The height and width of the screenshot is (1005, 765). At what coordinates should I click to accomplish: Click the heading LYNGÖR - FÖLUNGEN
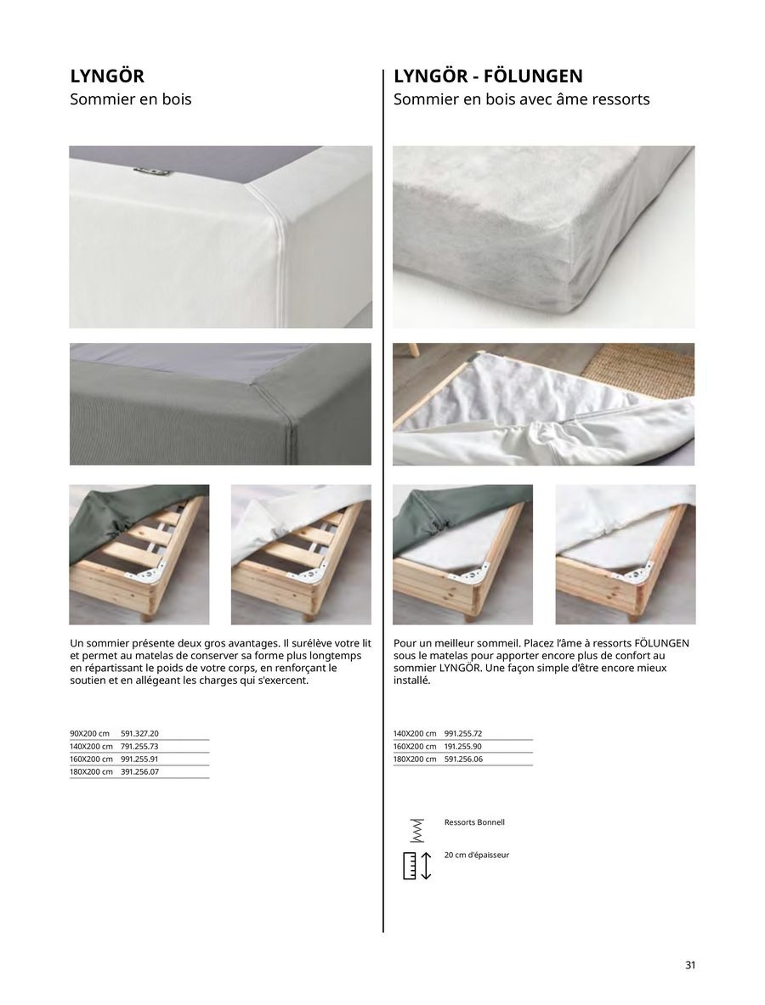coord(488,76)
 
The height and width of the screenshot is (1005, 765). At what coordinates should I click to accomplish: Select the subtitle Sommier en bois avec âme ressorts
coord(521,99)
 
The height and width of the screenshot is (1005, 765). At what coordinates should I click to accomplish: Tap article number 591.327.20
coord(139,732)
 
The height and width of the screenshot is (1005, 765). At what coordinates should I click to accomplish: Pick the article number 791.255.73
coord(139,746)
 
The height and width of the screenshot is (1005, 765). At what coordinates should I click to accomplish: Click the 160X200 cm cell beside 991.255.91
coord(91,759)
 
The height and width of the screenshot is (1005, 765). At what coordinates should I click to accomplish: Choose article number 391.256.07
coord(139,771)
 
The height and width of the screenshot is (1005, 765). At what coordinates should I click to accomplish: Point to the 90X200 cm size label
coord(90,732)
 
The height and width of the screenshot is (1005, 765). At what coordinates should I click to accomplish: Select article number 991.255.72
coord(463,732)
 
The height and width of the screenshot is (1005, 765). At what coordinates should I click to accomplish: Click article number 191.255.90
coord(463,746)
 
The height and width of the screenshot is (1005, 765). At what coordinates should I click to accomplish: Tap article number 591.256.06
coord(463,759)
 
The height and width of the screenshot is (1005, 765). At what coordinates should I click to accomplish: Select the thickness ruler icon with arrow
coord(416,864)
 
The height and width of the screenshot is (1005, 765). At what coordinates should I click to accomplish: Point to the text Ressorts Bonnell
coord(474,822)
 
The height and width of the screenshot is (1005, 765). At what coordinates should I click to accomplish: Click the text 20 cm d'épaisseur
coord(476,855)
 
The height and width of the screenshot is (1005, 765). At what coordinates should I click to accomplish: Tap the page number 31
coord(690,965)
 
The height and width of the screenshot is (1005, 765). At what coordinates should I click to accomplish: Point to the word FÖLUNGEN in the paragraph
coord(661,643)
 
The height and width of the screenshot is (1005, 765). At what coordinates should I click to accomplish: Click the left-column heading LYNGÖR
coord(107,76)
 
